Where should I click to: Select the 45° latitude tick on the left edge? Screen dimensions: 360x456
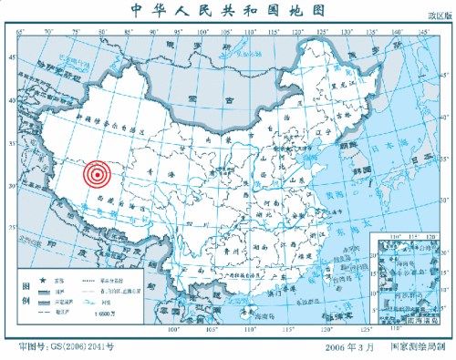coord(12,56)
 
